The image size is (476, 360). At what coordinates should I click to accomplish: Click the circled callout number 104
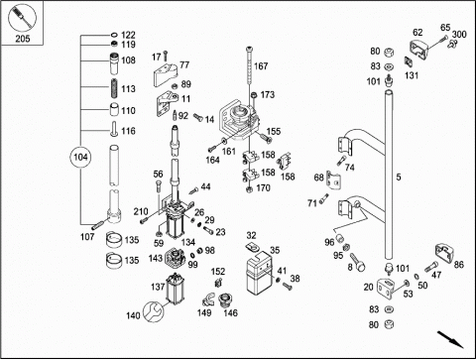[80, 157]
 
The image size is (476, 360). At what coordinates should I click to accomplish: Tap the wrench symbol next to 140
[154, 311]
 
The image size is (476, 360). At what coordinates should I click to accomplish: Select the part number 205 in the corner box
[23, 39]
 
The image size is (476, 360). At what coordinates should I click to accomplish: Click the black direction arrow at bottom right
[450, 339]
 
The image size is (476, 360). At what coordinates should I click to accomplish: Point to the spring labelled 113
[114, 88]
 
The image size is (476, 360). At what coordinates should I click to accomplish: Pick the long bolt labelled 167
[250, 66]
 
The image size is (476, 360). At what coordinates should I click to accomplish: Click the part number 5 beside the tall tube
[399, 178]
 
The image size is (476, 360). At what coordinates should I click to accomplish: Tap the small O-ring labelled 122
[114, 35]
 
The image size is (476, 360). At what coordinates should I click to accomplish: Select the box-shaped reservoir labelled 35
[259, 273]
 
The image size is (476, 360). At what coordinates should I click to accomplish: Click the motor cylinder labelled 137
[175, 289]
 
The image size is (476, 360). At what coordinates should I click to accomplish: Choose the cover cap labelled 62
[419, 49]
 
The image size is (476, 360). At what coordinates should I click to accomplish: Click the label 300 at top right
[459, 34]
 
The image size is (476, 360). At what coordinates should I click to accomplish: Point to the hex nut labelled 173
[255, 95]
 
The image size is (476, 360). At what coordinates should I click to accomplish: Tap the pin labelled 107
[98, 225]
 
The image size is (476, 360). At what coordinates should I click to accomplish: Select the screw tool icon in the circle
[22, 17]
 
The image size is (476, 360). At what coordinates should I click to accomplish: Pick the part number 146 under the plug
[230, 312]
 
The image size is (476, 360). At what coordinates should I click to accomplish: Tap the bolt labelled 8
[356, 262]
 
